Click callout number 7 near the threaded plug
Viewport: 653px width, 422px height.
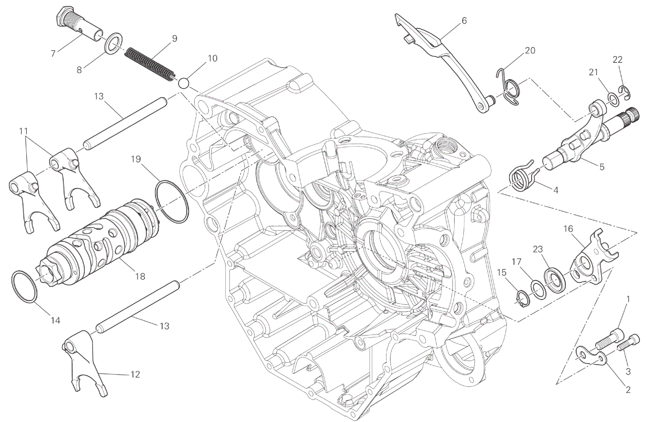tap(53, 53)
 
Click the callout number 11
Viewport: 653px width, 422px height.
tap(24, 131)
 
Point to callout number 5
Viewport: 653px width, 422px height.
tap(602, 167)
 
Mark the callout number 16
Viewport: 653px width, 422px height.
tap(568, 229)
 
